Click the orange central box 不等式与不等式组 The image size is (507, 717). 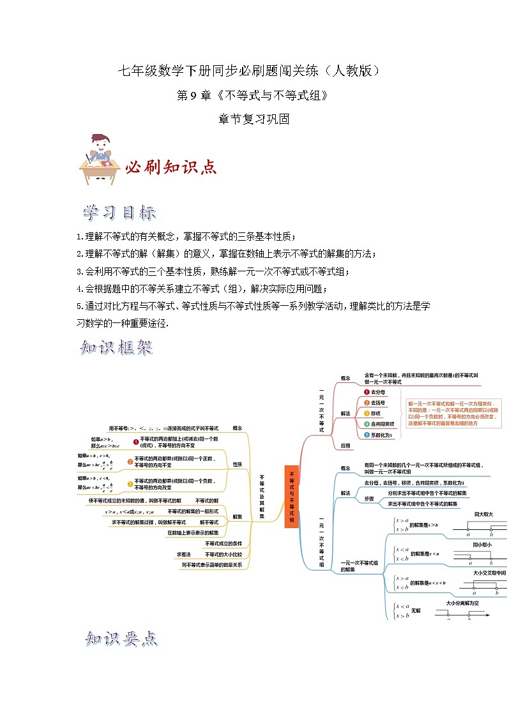[x=291, y=497]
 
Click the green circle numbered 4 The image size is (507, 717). [x=367, y=423]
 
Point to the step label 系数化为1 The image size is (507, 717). [x=381, y=434]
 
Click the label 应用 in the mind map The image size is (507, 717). [x=345, y=446]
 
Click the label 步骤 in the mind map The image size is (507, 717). [x=369, y=498]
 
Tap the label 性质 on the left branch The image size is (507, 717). [x=238, y=464]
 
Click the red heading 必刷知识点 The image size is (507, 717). [x=170, y=167]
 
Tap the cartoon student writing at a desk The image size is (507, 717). [x=99, y=160]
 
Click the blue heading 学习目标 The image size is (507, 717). [x=119, y=213]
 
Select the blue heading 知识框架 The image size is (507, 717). [x=117, y=348]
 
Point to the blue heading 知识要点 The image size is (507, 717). [x=121, y=638]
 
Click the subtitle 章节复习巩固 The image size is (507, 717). [x=253, y=119]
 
